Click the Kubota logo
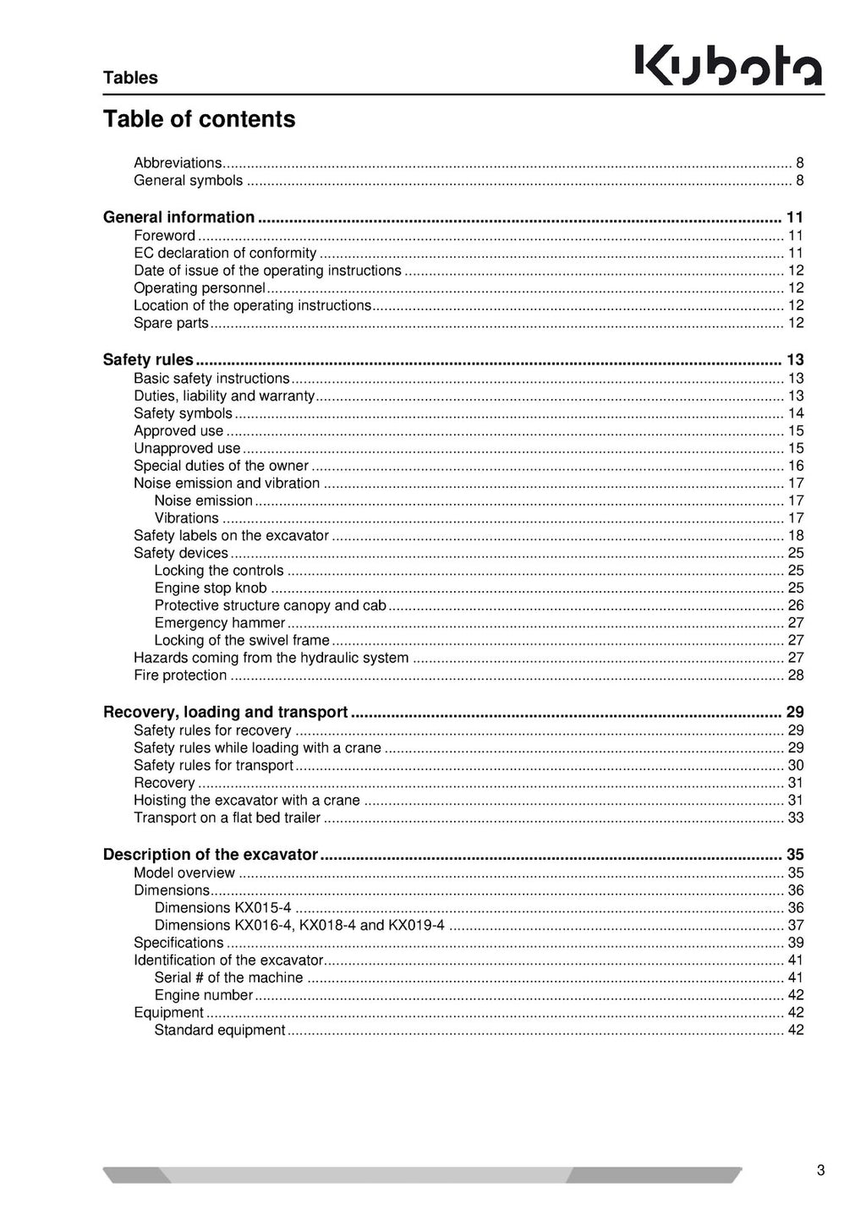pyautogui.click(x=728, y=66)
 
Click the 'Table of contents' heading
pyautogui.click(x=199, y=119)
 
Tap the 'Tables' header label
pyautogui.click(x=130, y=78)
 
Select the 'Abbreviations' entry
pyautogui.click(x=178, y=163)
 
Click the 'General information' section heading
pyautogui.click(x=178, y=217)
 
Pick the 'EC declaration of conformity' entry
pyautogui.click(x=225, y=253)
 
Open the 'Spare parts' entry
pyautogui.click(x=171, y=323)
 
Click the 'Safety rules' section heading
pyautogui.click(x=148, y=359)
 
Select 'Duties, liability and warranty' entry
pyautogui.click(x=224, y=396)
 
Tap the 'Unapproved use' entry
pyautogui.click(x=187, y=448)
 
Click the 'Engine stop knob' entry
pyautogui.click(x=211, y=588)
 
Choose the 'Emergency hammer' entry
pyautogui.click(x=220, y=623)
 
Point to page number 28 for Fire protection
pyautogui.click(x=795, y=675)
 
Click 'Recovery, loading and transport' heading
pyautogui.click(x=225, y=712)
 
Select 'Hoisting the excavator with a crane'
pyautogui.click(x=247, y=800)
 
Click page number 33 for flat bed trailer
pyautogui.click(x=795, y=818)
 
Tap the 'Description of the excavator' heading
pyautogui.click(x=210, y=854)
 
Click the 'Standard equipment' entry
pyautogui.click(x=220, y=1030)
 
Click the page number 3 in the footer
pyautogui.click(x=820, y=1171)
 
